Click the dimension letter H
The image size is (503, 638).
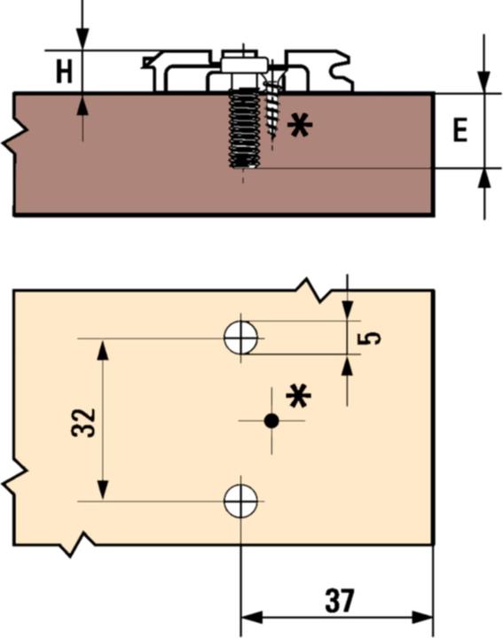point(63,71)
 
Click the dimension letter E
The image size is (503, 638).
point(460,131)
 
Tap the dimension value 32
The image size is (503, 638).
point(83,422)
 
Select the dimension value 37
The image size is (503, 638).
point(339,601)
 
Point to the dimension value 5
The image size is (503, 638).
point(373,338)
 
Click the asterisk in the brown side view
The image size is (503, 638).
point(300,126)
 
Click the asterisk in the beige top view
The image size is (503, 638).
point(299,395)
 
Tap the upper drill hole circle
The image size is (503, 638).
point(240,338)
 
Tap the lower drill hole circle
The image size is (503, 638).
point(240,501)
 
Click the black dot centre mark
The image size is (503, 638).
point(271,421)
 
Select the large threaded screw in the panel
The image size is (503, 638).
point(243,128)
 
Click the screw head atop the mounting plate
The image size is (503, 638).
point(241,64)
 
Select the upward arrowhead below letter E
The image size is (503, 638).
point(484,178)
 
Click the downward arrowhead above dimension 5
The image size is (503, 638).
point(348,307)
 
